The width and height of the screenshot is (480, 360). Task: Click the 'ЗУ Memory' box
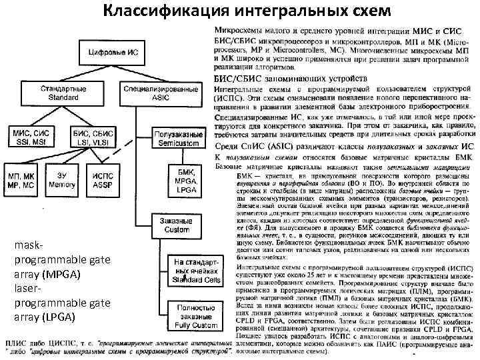click(64, 179)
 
